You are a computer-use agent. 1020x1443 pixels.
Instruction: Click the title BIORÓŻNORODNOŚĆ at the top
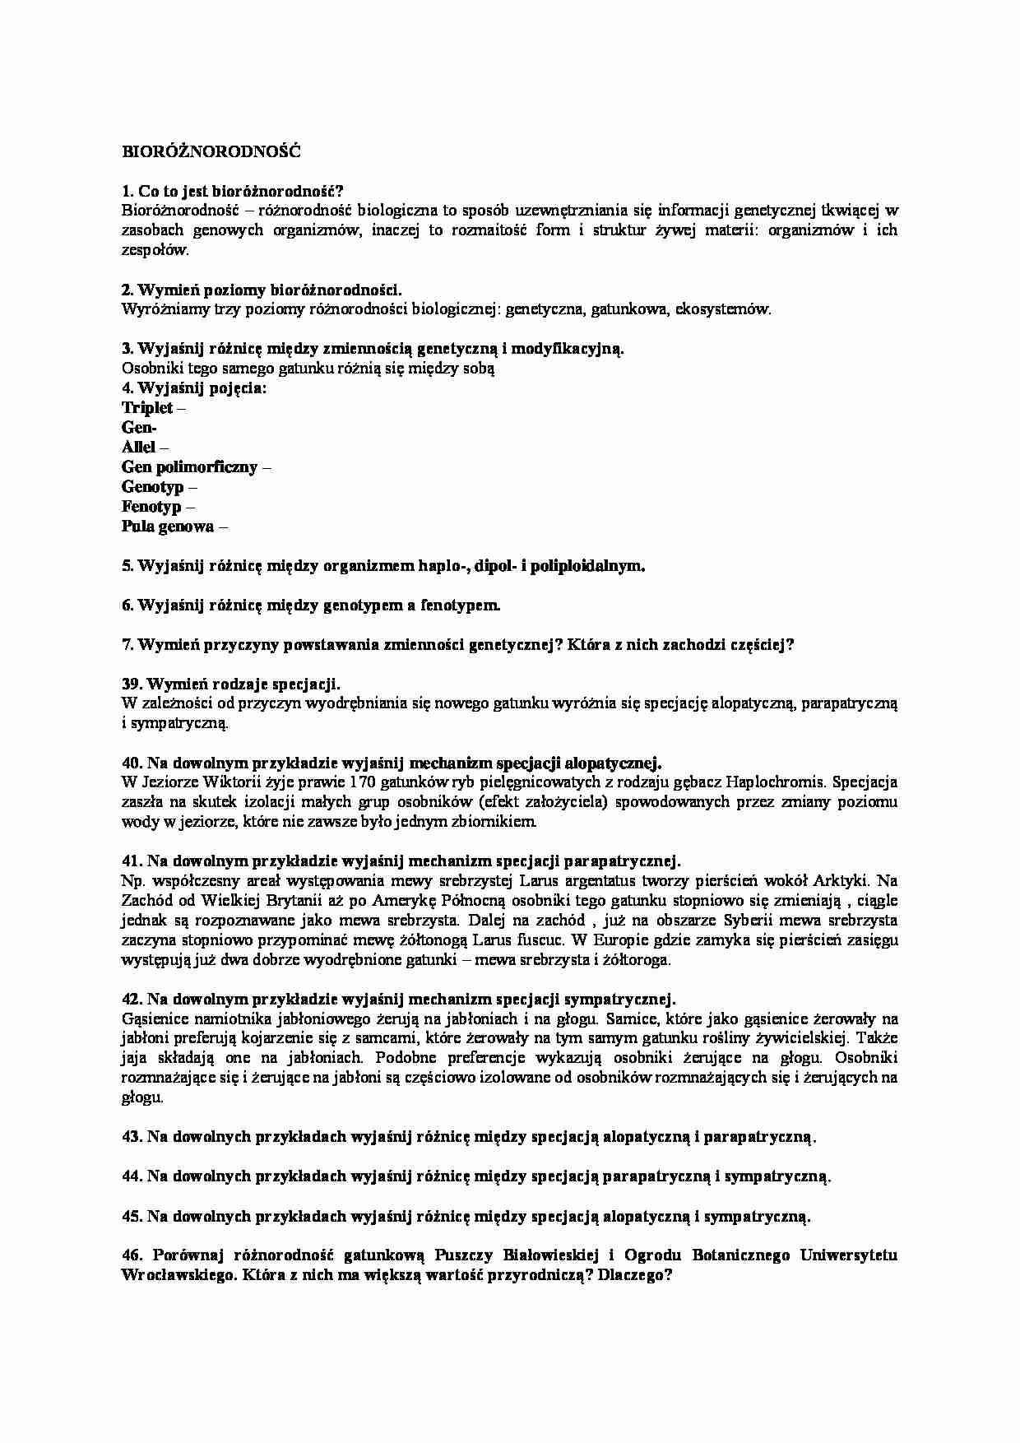click(211, 151)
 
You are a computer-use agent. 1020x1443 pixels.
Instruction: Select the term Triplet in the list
click(147, 408)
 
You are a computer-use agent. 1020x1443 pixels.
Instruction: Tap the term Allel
click(138, 448)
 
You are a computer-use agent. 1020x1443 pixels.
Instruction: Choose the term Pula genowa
click(168, 527)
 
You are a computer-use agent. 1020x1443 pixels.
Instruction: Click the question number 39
click(131, 684)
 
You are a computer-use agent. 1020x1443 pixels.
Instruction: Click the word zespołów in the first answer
click(154, 250)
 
